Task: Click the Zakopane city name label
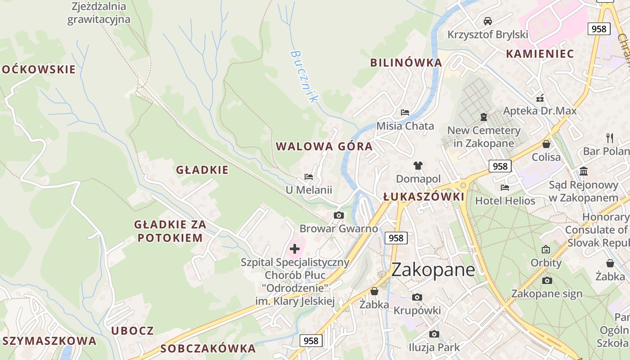click(x=433, y=270)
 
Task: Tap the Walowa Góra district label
click(x=324, y=146)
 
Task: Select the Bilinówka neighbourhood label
click(x=406, y=63)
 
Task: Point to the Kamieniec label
click(x=540, y=54)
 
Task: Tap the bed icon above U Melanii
click(x=309, y=177)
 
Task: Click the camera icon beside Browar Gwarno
click(x=339, y=216)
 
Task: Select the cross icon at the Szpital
click(x=295, y=249)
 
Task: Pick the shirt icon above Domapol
click(x=418, y=166)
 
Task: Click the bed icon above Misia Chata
click(x=405, y=112)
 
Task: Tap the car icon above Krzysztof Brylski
click(x=487, y=21)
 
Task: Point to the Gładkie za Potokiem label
click(x=170, y=231)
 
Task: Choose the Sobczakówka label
click(x=208, y=348)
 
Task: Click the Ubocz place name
click(x=133, y=331)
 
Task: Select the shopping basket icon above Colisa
click(x=546, y=144)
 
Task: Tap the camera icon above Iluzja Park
click(x=434, y=334)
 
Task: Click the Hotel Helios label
click(x=505, y=201)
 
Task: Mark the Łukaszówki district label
click(x=423, y=197)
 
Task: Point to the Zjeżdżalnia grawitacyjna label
click(x=99, y=13)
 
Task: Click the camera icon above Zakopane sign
click(x=547, y=281)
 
